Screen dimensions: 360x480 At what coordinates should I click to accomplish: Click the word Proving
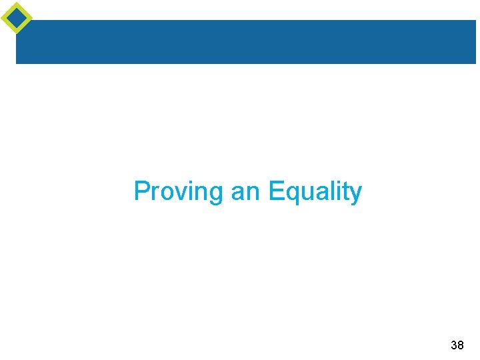point(179,191)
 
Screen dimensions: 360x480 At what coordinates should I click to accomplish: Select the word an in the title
point(245,191)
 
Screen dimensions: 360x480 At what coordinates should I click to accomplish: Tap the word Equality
point(315,191)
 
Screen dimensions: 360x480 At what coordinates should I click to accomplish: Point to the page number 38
point(457,345)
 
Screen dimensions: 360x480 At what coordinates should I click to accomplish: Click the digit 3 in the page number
point(454,345)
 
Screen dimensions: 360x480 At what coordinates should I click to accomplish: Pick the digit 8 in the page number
point(461,345)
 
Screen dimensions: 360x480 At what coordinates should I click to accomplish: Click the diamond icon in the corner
point(16,17)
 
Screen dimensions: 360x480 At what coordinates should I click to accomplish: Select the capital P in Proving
point(141,191)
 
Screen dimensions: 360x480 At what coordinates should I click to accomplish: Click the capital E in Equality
point(275,191)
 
